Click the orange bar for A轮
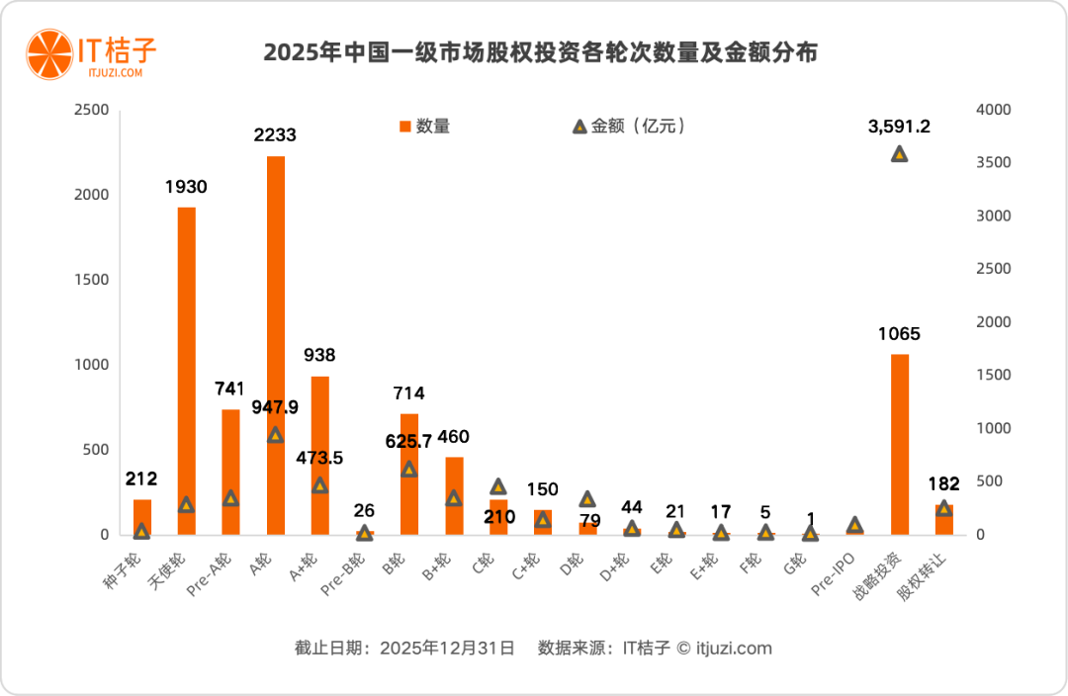point(276,346)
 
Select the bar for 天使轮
point(186,371)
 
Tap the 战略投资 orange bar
point(899,445)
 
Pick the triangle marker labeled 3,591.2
point(899,154)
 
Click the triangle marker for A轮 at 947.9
point(276,435)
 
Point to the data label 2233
point(274,135)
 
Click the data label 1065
point(899,334)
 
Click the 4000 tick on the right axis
point(994,110)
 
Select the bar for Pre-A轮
point(230,472)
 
